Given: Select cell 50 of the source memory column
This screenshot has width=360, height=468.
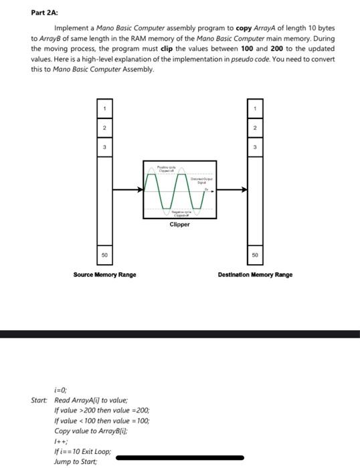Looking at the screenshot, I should (x=104, y=255).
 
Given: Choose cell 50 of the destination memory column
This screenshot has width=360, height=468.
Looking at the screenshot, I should (x=255, y=255).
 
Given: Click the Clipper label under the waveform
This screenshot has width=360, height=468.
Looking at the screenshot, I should (x=179, y=225).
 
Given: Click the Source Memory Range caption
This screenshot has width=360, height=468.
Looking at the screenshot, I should (x=104, y=274).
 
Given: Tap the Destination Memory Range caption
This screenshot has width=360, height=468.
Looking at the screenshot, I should (x=255, y=274).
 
